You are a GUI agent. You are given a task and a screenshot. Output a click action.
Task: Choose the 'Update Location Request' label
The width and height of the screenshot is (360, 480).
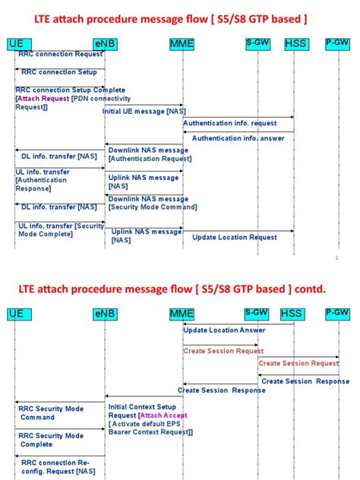[x=234, y=237]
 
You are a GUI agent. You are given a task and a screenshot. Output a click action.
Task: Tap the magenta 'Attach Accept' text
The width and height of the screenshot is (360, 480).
[x=164, y=415]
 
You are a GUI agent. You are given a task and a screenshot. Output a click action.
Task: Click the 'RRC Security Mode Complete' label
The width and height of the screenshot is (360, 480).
[x=52, y=440]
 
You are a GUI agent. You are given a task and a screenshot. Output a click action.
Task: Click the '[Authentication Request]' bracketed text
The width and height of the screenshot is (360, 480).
[x=150, y=159]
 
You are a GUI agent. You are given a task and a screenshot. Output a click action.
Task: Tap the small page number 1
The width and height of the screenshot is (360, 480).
[x=336, y=258]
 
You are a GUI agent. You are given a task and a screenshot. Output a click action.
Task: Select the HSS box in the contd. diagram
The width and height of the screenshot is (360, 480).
[x=291, y=314]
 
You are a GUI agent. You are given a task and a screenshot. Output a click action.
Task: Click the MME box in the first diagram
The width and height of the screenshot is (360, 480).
[x=182, y=45]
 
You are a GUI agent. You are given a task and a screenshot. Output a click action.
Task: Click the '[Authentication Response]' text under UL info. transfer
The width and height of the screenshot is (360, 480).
[x=39, y=184]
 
